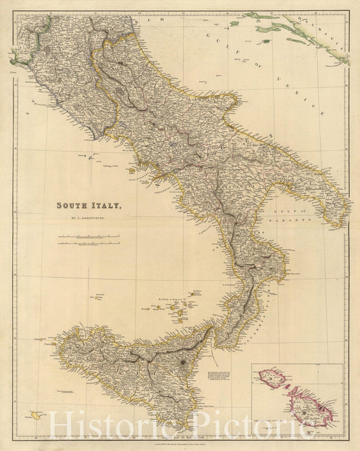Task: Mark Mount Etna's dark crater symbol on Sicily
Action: coord(184,363)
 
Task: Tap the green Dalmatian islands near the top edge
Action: coord(257,16)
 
